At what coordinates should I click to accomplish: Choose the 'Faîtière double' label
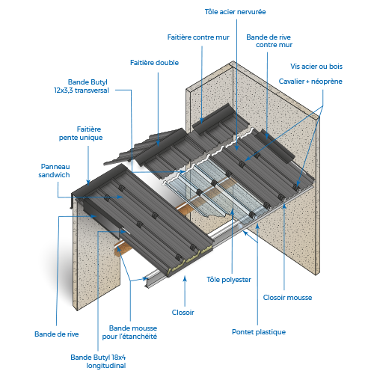(x=154, y=63)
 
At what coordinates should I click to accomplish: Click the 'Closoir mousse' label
(x=287, y=298)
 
